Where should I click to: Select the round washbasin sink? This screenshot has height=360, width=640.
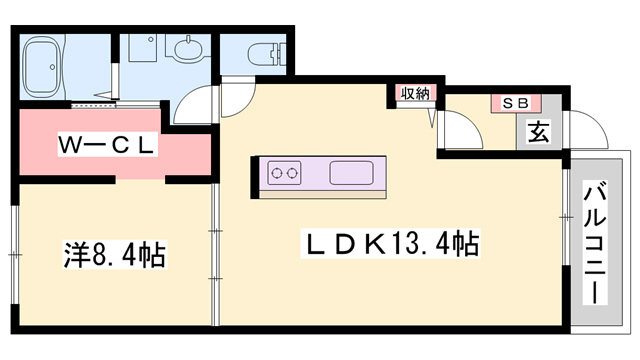pyautogui.click(x=186, y=50)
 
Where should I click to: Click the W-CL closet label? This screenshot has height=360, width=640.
pyautogui.click(x=106, y=144)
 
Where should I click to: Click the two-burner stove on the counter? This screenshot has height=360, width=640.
pyautogui.click(x=284, y=173)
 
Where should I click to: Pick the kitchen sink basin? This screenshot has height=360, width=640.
pyautogui.click(x=350, y=172)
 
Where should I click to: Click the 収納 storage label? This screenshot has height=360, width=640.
pyautogui.click(x=415, y=94)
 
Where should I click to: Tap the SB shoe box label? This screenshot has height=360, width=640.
pyautogui.click(x=515, y=102)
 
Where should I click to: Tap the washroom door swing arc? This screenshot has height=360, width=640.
pyautogui.click(x=195, y=104)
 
